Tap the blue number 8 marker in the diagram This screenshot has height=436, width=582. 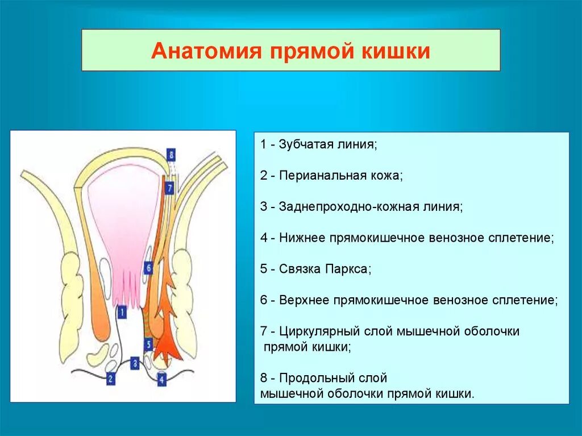pos(171,154)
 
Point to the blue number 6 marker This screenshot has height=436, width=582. pos(148,267)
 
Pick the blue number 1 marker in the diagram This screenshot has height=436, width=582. pos(121,311)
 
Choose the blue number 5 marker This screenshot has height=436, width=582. pos(148,344)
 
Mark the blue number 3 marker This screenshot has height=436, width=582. pos(135,362)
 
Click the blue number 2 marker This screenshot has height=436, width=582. pos(110,377)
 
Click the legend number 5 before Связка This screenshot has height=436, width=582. pos(264,269)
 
